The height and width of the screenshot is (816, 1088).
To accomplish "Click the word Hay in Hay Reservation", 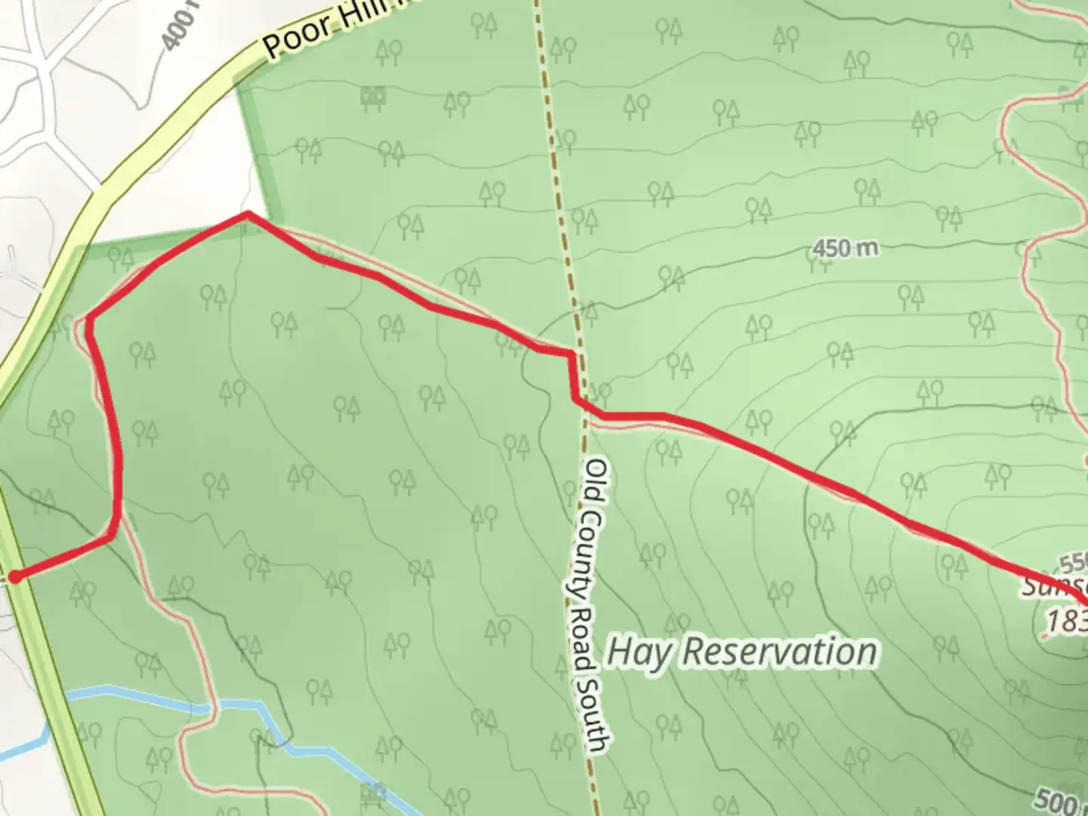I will click(639, 651).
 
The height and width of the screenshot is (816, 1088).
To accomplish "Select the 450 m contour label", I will click(845, 247).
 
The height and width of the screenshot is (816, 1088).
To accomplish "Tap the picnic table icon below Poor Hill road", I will click(373, 96).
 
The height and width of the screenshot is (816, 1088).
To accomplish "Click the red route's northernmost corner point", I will click(246, 215).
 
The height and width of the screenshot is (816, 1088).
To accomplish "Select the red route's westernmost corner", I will click(89, 320).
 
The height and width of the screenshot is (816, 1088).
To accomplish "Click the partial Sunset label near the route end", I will click(1055, 586).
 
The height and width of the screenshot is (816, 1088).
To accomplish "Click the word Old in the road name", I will click(597, 478).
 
